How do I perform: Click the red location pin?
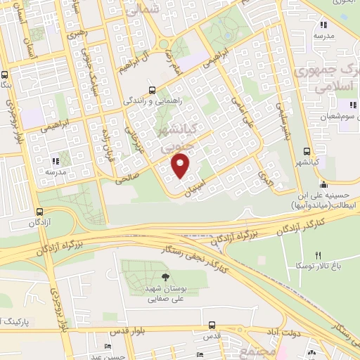click(181, 166)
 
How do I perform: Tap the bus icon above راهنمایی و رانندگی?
click(153, 90)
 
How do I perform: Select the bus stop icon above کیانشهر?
click(307, 150)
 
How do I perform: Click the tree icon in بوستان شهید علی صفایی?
click(165, 277)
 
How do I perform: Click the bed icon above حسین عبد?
click(107, 346)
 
